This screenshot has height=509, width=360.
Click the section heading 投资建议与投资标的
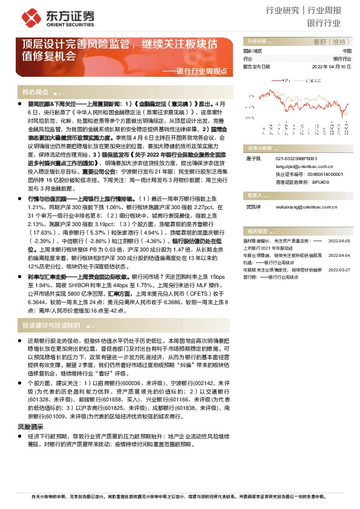click(51, 325)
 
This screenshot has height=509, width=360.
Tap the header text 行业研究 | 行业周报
click(312, 11)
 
